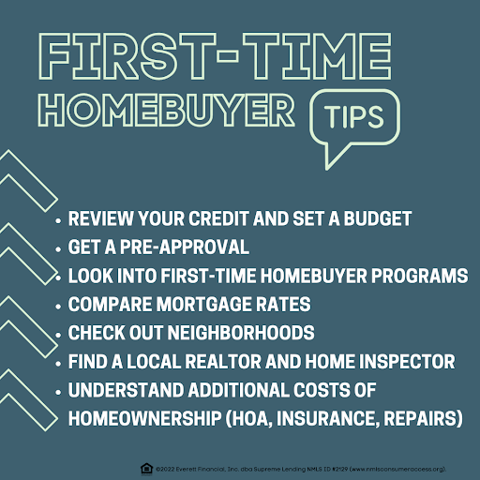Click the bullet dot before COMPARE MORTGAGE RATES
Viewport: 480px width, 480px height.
(x=58, y=306)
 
